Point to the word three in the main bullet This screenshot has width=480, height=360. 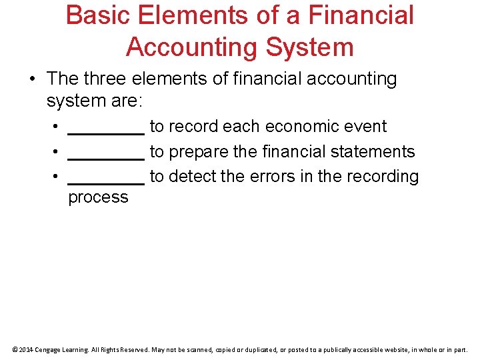[106, 79]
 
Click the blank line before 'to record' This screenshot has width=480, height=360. [106, 132]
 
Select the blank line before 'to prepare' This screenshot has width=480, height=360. [106, 157]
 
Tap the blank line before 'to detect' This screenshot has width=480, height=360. [106, 182]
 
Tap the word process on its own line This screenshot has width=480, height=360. [98, 197]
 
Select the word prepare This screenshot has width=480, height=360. [199, 152]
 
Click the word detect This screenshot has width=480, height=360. [193, 177]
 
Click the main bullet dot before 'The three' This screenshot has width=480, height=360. [32, 79]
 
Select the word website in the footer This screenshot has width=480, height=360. [392, 349]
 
